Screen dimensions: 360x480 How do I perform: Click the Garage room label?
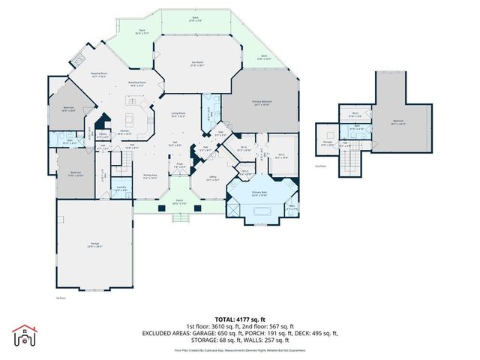point(94,244)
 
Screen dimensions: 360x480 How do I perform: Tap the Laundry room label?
point(121,189)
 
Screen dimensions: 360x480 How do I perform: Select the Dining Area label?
point(150,177)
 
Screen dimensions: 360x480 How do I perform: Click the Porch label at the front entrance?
point(180,202)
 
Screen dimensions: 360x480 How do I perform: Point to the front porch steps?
point(180,217)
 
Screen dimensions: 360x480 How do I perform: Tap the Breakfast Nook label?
point(136,84)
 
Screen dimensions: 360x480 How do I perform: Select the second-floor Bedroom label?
point(398,121)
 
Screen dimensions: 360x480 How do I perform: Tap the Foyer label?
point(180,166)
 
